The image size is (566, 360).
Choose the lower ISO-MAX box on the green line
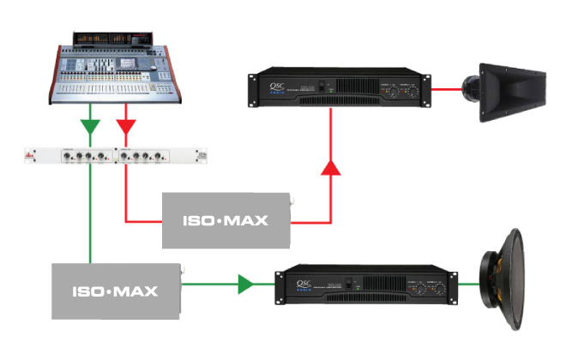[x=116, y=291]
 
